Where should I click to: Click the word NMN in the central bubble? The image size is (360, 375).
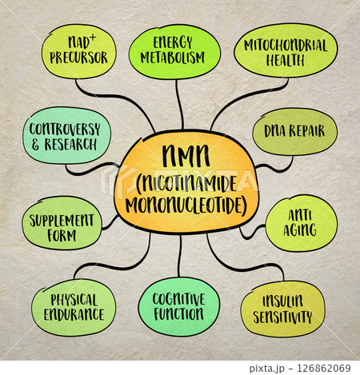point(186,156)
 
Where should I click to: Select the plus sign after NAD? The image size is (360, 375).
point(92,38)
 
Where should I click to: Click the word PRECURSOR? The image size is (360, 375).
point(78,58)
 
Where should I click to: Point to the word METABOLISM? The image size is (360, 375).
point(173,58)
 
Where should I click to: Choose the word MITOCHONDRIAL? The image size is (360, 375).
point(286,46)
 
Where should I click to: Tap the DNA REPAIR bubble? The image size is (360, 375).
point(295,131)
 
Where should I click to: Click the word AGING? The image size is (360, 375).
point(300,229)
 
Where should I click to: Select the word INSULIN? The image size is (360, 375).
point(282,301)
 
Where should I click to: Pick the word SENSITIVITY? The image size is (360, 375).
point(282,317)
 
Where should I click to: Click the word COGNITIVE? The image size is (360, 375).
point(178,299)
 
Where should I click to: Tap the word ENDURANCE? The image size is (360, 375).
point(74,314)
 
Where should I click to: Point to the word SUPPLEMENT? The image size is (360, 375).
point(62,221)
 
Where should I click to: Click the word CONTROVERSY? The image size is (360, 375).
point(65,130)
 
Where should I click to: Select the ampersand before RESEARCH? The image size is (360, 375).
point(35,145)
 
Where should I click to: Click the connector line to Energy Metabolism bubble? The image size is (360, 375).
point(179,105)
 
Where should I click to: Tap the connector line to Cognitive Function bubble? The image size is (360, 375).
point(180,256)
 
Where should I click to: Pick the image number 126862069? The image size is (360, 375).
point(324,369)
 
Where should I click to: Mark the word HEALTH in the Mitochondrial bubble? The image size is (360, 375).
point(286,61)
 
